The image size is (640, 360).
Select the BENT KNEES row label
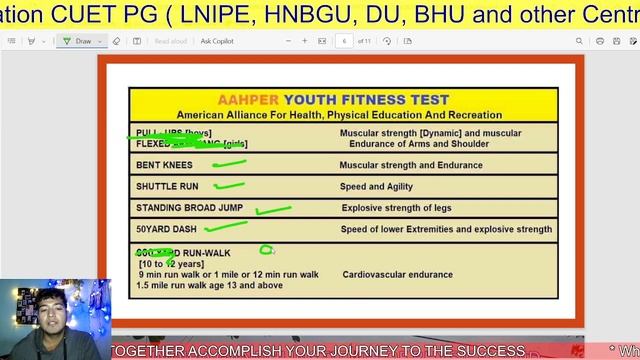[164, 165]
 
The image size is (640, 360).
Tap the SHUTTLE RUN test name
[167, 186]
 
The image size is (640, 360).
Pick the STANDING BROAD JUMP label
[189, 208]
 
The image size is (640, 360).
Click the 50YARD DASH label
[166, 230]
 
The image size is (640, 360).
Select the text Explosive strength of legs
[396, 208]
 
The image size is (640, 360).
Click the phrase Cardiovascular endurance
[397, 274]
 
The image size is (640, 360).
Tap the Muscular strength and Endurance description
[410, 165]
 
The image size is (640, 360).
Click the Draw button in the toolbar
[79, 41]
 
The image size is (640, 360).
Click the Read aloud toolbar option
[171, 41]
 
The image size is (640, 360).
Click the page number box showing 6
[344, 41]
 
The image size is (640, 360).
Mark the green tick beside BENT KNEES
[229, 162]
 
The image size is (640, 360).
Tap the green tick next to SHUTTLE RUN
[229, 184]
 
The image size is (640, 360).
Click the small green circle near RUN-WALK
[266, 250]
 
